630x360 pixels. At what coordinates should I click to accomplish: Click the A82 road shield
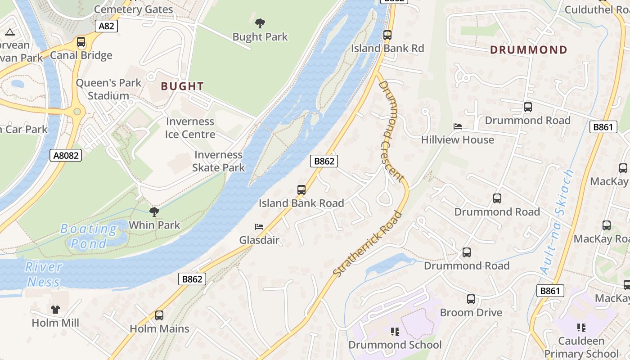tap(106, 26)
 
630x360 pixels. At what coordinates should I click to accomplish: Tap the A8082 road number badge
tap(66, 156)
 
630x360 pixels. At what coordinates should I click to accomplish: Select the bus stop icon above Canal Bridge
tap(81, 42)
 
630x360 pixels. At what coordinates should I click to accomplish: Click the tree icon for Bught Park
tap(260, 23)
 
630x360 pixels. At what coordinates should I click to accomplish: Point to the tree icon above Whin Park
tap(154, 211)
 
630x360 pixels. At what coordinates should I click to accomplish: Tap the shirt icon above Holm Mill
tap(55, 309)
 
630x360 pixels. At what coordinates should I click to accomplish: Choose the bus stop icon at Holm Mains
tap(159, 315)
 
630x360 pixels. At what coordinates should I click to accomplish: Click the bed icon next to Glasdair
tap(259, 226)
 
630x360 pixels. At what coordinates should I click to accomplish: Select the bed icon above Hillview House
tap(458, 126)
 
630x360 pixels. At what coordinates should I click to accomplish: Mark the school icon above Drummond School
tap(395, 332)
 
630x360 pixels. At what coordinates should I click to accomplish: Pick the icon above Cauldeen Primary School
tap(581, 327)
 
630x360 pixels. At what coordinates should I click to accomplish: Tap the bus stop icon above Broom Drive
tap(471, 299)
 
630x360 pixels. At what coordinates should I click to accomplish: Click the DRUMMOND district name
tap(529, 49)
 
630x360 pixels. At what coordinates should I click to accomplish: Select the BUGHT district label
tap(182, 86)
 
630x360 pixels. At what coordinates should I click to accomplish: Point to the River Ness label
tap(43, 274)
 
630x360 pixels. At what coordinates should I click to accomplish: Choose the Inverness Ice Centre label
tap(190, 128)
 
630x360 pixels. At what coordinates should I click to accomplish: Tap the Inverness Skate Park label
tap(219, 161)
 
